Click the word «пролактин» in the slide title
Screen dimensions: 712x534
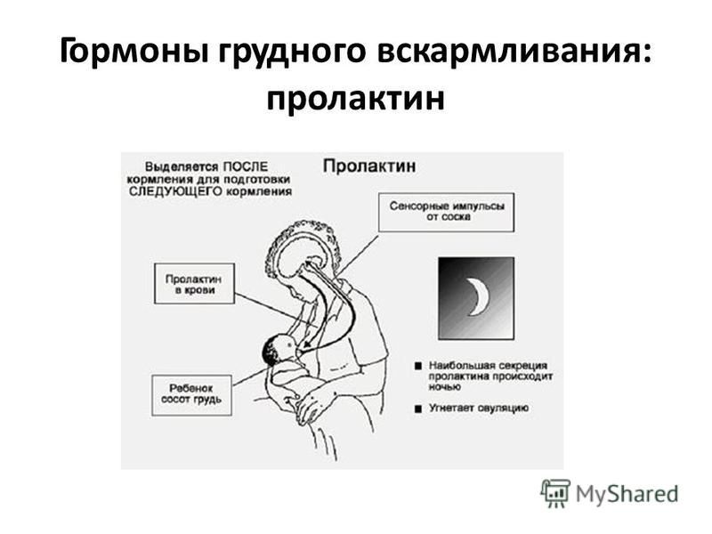tap(355, 99)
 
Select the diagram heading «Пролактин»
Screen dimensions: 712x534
tap(369, 166)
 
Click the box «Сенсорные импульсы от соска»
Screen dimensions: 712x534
tap(447, 212)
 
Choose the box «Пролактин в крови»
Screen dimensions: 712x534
tap(194, 283)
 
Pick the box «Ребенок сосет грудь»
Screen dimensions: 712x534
tap(191, 394)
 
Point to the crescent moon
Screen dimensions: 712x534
tap(478, 297)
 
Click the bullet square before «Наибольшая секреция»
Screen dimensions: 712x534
tap(418, 366)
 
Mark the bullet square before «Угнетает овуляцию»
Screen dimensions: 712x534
tap(418, 409)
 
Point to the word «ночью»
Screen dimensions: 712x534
tap(444, 387)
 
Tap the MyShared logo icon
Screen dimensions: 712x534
tap(555, 493)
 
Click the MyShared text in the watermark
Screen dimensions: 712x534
tap(627, 494)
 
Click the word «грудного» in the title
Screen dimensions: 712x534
tap(292, 53)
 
